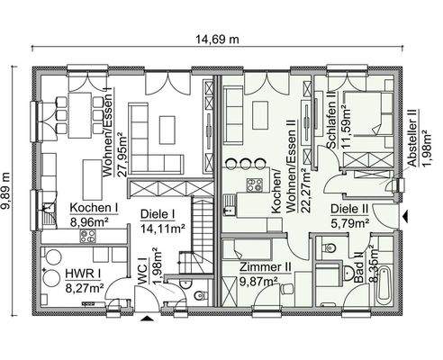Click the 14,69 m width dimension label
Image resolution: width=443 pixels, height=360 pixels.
pyautogui.click(x=221, y=39)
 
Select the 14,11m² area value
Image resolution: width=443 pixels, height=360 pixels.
pyautogui.click(x=163, y=229)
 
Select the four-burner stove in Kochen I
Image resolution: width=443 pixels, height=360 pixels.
pyautogui.click(x=89, y=236)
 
